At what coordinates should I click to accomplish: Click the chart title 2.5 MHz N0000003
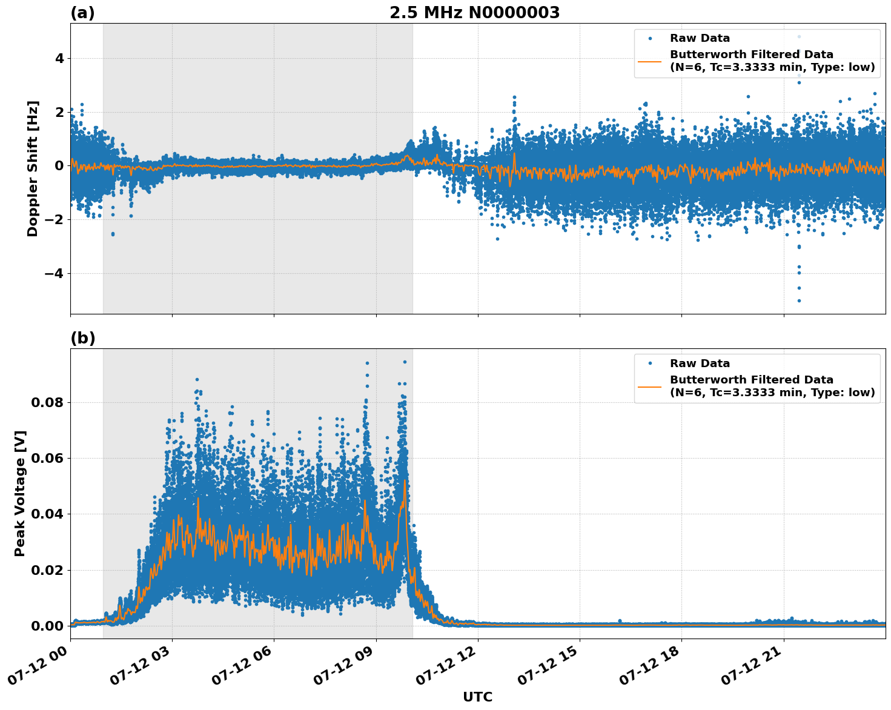click(474, 13)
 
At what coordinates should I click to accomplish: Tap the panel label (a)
click(82, 13)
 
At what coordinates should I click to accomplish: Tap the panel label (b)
click(82, 338)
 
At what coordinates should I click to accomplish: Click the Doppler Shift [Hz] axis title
click(33, 168)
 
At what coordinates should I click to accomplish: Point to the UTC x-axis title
click(477, 697)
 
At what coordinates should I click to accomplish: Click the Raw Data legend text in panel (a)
click(700, 38)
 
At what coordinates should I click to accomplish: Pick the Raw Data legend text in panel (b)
click(700, 363)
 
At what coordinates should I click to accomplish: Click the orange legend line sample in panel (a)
click(649, 61)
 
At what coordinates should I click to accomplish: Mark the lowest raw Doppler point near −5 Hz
click(799, 300)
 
